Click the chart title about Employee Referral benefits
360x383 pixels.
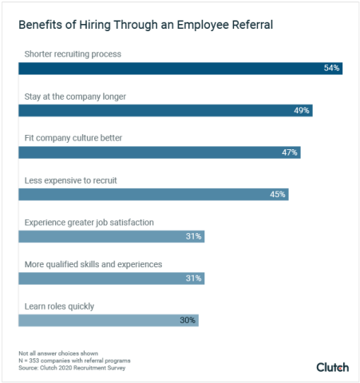tap(145, 25)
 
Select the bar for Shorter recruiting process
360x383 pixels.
tap(180, 69)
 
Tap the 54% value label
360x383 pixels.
tap(332, 69)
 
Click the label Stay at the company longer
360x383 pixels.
tap(75, 97)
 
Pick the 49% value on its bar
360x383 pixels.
tap(302, 110)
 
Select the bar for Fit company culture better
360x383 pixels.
tap(159, 152)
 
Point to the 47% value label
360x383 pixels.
tap(290, 152)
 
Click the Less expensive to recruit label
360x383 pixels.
tap(71, 180)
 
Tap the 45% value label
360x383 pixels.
tap(278, 194)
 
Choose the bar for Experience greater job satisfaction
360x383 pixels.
tap(111, 236)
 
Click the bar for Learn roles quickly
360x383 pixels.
tap(108, 320)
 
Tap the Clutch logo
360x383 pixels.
tap(332, 367)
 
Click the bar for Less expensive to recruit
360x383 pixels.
tap(152, 194)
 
